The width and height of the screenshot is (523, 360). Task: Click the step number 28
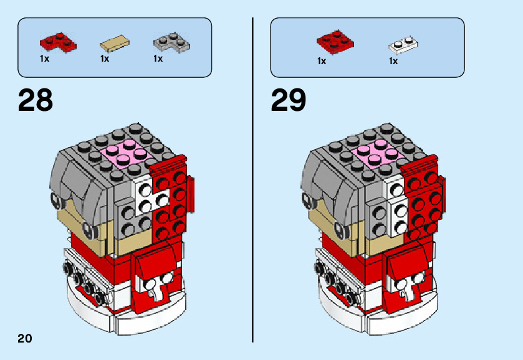(36, 100)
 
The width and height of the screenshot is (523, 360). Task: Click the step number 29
(289, 100)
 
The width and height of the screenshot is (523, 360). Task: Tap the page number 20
(25, 339)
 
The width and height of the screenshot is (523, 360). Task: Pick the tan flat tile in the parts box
(115, 44)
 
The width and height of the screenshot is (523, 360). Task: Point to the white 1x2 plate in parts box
(403, 44)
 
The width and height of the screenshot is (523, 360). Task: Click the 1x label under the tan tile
(105, 59)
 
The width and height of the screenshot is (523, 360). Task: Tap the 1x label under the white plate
(393, 61)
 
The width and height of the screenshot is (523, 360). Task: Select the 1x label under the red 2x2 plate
(322, 61)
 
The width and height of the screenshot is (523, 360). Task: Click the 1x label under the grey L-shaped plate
(158, 59)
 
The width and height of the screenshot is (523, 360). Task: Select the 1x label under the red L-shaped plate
(44, 59)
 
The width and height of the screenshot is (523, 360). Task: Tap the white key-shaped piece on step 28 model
(156, 290)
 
